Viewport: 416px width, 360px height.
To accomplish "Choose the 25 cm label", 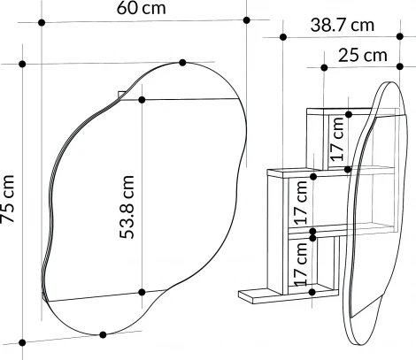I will (x=363, y=56).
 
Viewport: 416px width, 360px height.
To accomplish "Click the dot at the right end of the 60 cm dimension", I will (x=247, y=19).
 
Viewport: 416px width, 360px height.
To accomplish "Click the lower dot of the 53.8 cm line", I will (x=142, y=292).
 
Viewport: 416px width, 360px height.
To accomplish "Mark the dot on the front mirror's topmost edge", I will (x=182, y=62).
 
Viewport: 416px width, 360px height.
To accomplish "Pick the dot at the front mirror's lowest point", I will (x=104, y=334).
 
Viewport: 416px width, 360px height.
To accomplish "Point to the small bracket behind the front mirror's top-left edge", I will (x=121, y=94).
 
